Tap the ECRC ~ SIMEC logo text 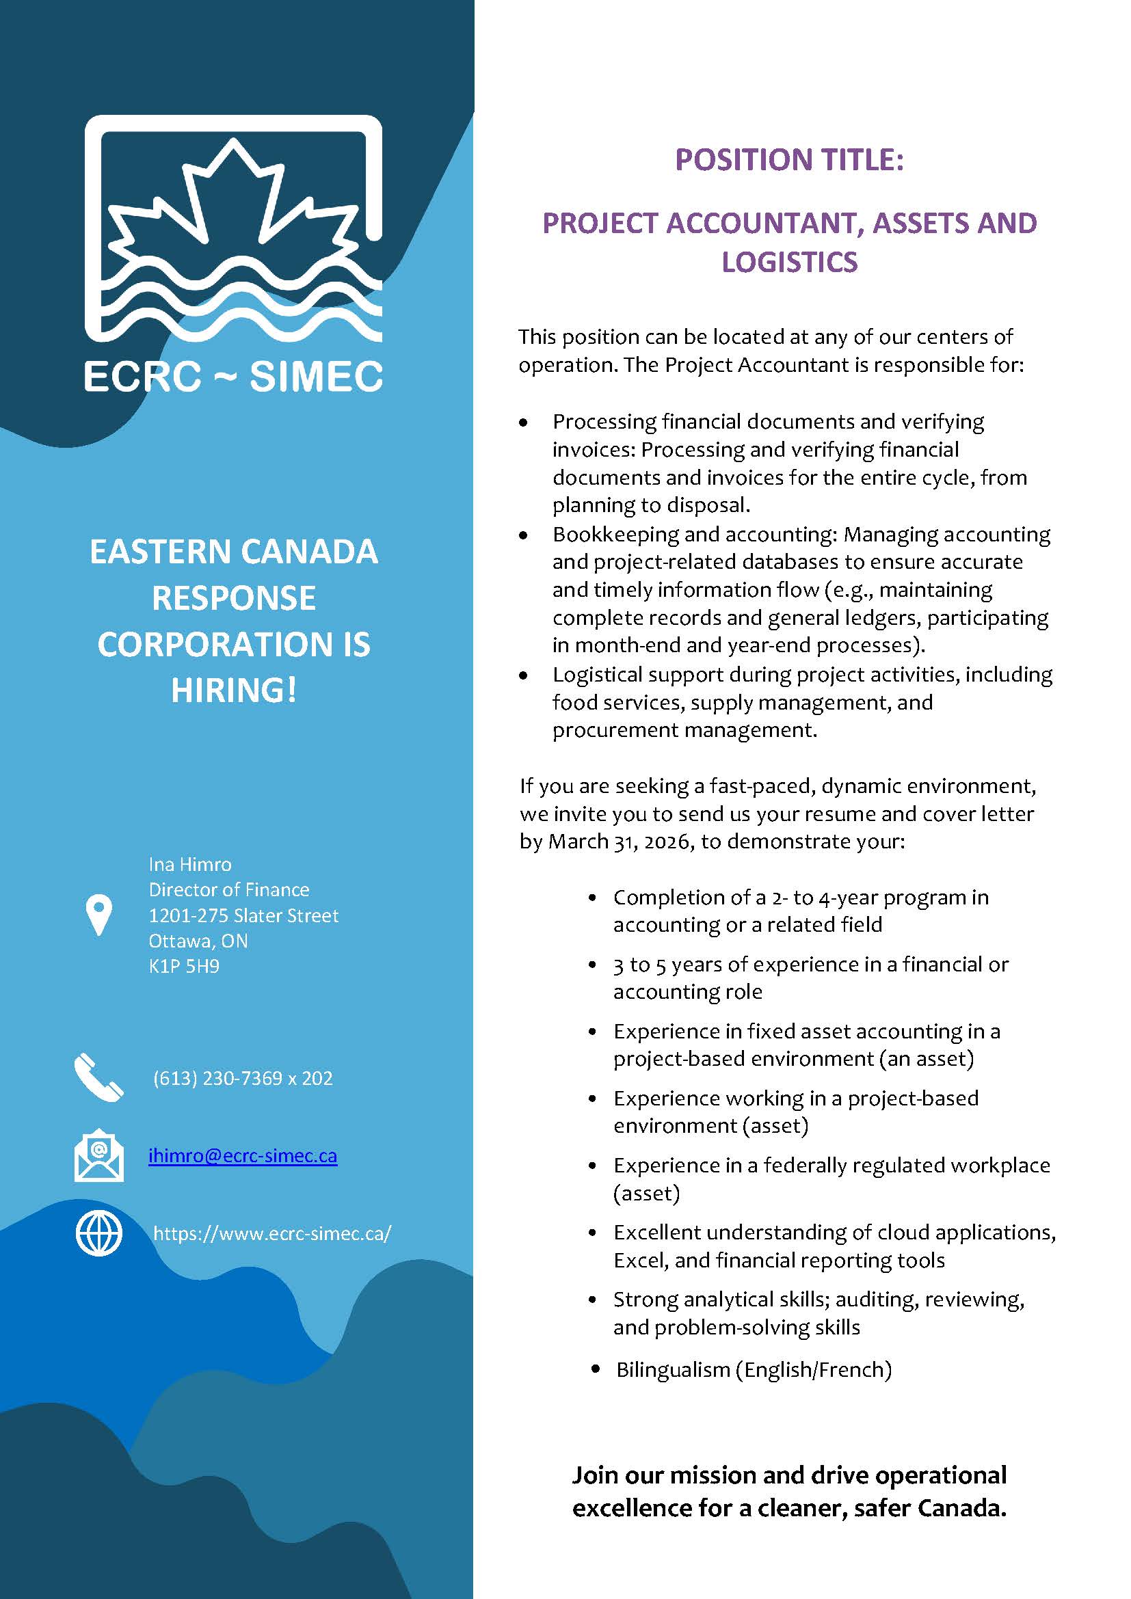(x=234, y=377)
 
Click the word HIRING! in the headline (x=234, y=690)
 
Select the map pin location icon (x=98, y=915)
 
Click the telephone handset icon (x=99, y=1077)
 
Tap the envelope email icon (x=99, y=1155)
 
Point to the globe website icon (x=99, y=1233)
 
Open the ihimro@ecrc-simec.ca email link (x=242, y=1156)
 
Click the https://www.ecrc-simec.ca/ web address (x=271, y=1233)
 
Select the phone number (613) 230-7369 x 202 (x=242, y=1078)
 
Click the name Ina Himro (x=189, y=864)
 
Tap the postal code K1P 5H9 (x=184, y=966)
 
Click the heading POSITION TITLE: (x=789, y=160)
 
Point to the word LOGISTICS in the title (x=789, y=263)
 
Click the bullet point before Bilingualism (x=596, y=1369)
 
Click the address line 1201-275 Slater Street (x=243, y=915)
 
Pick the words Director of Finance (x=228, y=889)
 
